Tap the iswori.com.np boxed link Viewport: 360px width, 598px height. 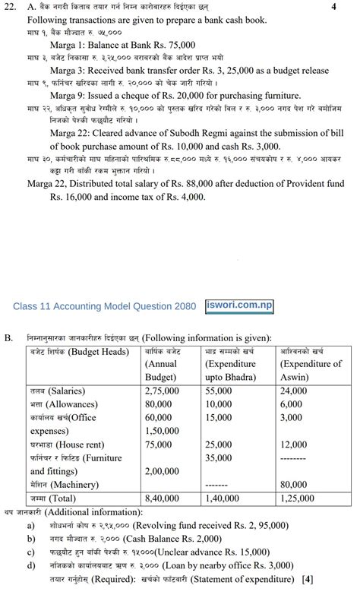click(239, 306)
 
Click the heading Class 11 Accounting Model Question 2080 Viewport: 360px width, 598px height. click(104, 307)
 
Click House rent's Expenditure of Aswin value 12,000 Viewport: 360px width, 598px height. click(293, 445)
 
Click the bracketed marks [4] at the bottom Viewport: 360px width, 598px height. click(307, 580)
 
